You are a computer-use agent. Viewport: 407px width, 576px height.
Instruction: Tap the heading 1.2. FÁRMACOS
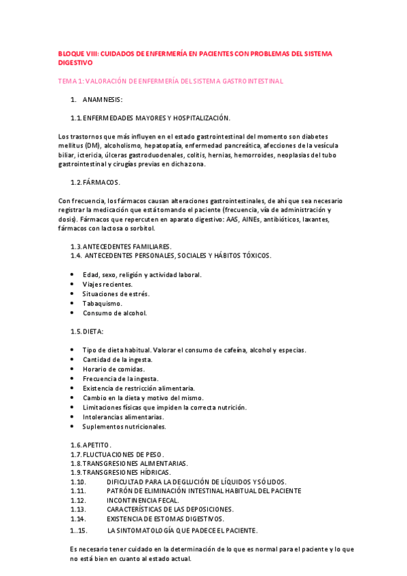[x=95, y=182]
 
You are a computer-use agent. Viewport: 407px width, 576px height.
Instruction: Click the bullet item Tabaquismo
[x=102, y=303]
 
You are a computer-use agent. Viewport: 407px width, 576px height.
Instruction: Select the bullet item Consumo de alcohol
[x=114, y=313]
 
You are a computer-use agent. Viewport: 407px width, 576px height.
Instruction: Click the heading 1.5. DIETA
[x=87, y=331]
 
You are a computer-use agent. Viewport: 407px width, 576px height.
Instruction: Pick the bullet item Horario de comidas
[x=114, y=369]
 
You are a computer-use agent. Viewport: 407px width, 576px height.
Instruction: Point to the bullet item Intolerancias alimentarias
[x=122, y=416]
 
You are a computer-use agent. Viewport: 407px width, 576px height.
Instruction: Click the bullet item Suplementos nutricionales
[x=124, y=427]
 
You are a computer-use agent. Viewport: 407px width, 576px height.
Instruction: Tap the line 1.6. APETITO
[x=90, y=444]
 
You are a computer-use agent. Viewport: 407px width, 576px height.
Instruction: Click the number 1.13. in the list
[x=77, y=509]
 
